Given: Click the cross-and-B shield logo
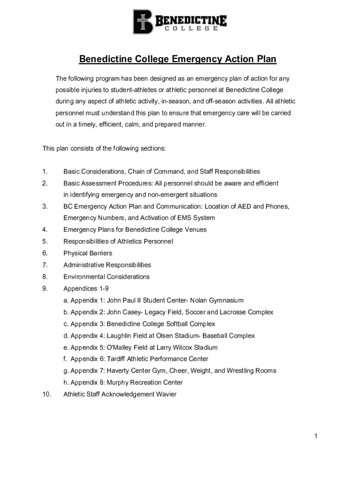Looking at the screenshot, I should [x=143, y=22].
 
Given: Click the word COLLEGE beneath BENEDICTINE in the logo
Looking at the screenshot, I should [x=191, y=29].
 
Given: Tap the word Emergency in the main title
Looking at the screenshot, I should [x=196, y=59].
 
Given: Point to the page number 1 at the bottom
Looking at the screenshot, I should [x=316, y=436].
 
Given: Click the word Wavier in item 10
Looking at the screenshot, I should [x=166, y=394].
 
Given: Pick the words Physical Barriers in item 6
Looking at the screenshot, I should [x=88, y=253].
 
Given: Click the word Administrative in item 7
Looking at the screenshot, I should [x=84, y=265].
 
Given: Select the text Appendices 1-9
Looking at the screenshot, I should [x=86, y=289].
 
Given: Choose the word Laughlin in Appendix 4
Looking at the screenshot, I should [x=122, y=335].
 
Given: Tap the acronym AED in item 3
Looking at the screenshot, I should [x=245, y=206].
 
